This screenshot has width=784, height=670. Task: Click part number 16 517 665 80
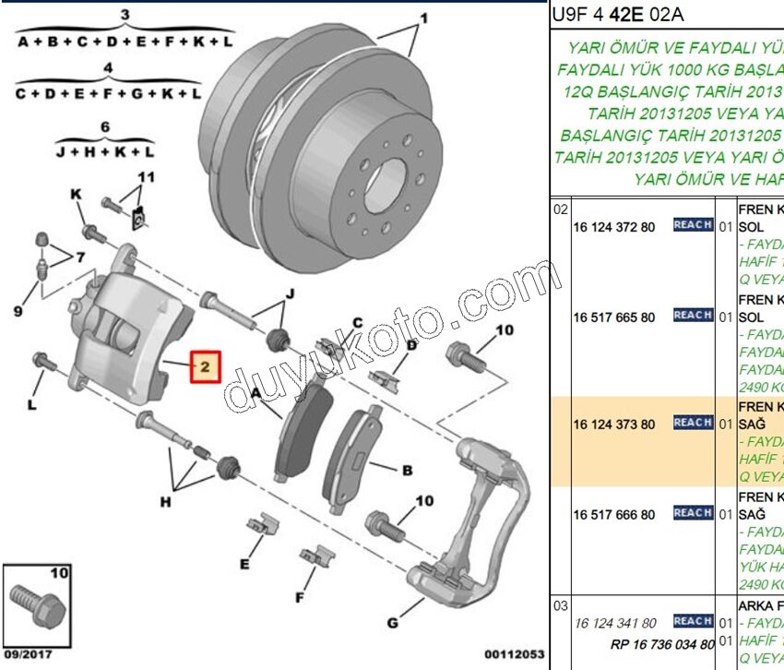(x=613, y=317)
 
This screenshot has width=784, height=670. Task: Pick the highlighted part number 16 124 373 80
(x=613, y=425)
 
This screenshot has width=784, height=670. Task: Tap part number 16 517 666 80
(x=613, y=515)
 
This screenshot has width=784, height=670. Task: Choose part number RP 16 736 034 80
(x=662, y=643)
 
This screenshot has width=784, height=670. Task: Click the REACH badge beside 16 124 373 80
(x=693, y=423)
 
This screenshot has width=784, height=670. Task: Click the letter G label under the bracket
(x=393, y=623)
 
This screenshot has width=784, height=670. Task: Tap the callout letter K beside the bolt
(x=77, y=193)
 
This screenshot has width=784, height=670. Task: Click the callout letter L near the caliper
(x=31, y=404)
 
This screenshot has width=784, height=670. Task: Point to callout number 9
(x=17, y=312)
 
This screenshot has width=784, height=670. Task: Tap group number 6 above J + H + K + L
(x=105, y=126)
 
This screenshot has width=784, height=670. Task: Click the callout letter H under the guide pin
(x=166, y=502)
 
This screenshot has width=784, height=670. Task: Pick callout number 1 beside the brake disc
(x=424, y=18)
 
